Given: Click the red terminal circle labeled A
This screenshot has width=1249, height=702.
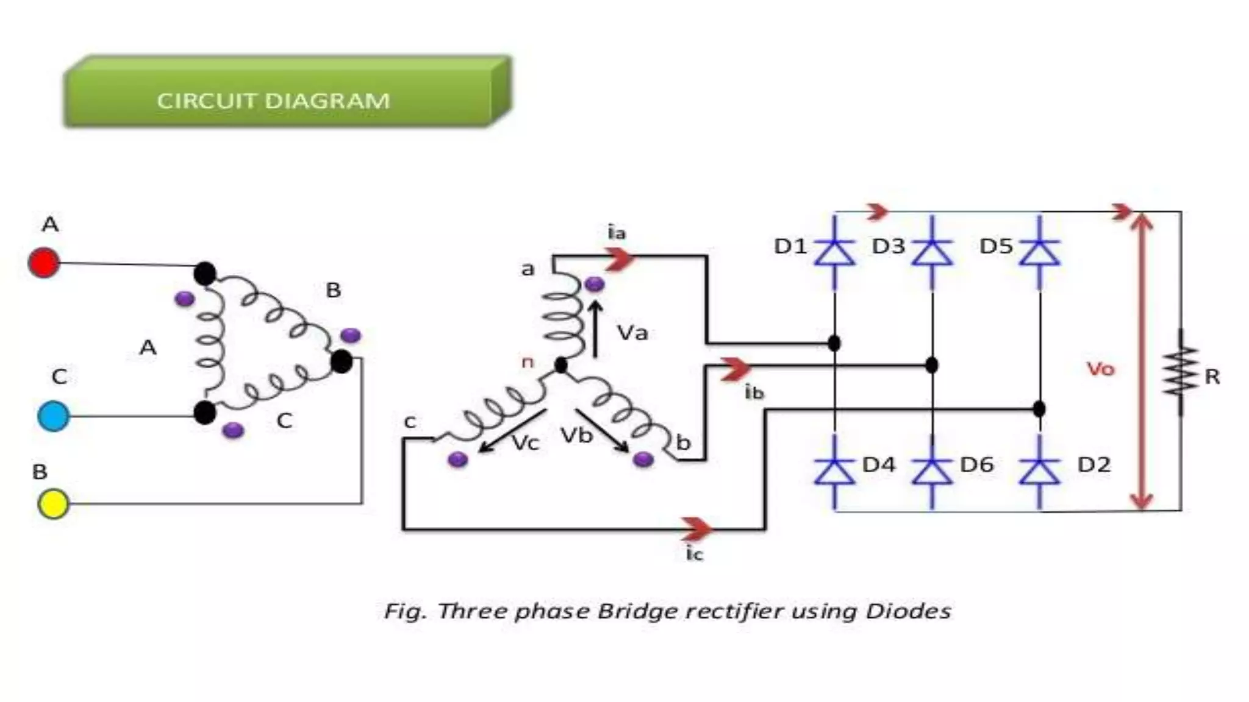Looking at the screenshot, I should point(44,263).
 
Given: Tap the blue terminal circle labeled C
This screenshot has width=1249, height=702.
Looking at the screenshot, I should point(54,416).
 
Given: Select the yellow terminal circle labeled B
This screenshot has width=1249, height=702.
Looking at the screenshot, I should point(53,504).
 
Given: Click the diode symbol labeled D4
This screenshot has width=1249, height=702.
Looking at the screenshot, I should point(834,471).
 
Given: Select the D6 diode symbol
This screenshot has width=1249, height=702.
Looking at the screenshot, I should point(932,471).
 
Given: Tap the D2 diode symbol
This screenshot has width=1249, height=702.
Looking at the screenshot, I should point(1040,471).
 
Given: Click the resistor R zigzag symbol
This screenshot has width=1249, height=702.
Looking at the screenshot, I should point(1181,372).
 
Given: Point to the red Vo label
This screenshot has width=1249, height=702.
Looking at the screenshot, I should point(1100,369).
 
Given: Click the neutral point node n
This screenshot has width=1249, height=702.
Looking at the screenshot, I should point(561,365).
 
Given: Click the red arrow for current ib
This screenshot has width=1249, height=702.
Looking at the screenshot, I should point(735,369).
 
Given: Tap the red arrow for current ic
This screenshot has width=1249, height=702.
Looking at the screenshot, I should point(696,529).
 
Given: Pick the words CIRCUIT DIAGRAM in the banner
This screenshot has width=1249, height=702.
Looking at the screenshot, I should point(273,101).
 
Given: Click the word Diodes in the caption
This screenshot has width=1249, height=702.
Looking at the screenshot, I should point(908,611).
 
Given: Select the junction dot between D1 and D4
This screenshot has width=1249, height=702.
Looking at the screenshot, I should point(834,343).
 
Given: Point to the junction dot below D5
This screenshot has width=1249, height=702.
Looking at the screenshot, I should point(1040,408).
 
